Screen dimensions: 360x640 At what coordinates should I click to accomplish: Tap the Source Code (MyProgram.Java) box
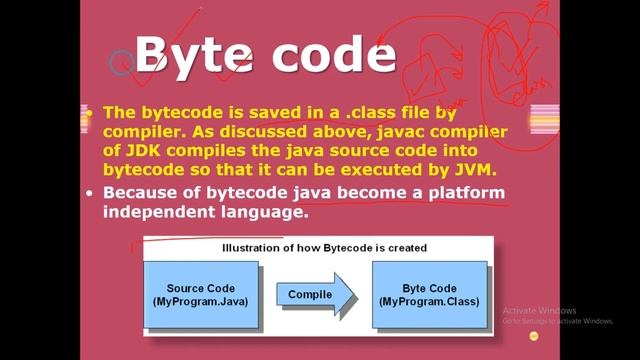(200, 294)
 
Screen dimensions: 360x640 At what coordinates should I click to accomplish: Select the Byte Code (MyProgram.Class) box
(430, 294)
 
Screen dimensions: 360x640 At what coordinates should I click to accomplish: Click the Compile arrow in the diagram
(312, 294)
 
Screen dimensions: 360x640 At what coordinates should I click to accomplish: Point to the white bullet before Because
(90, 192)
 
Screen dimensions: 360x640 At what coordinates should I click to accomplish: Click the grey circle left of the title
(121, 62)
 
